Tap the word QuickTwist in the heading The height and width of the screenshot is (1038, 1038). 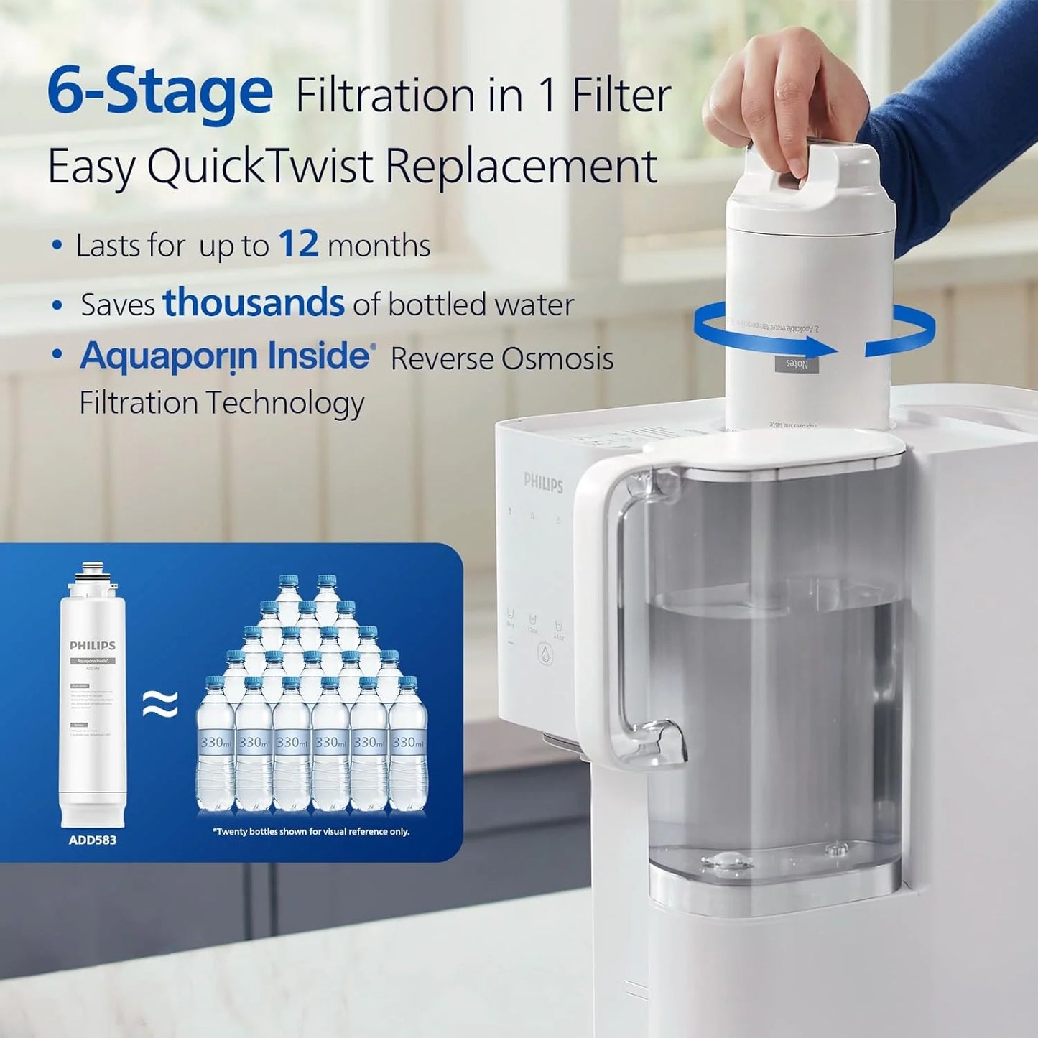pyautogui.click(x=260, y=166)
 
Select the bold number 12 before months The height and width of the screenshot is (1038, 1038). pyautogui.click(x=298, y=244)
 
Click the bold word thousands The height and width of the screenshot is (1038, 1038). pyautogui.click(x=254, y=302)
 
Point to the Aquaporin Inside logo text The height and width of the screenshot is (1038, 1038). pyautogui.click(x=226, y=356)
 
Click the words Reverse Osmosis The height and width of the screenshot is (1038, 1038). pyautogui.click(x=501, y=358)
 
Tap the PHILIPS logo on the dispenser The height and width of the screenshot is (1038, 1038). pyautogui.click(x=543, y=482)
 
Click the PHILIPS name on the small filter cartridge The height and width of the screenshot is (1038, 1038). pyautogui.click(x=92, y=646)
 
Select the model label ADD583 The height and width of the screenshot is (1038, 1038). pyautogui.click(x=92, y=840)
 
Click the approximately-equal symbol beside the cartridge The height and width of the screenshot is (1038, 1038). pyautogui.click(x=159, y=705)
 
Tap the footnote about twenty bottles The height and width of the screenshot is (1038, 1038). pyautogui.click(x=311, y=831)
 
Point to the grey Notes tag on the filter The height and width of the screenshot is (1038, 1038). pyautogui.click(x=797, y=364)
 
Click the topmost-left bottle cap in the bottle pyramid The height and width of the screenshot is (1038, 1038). pyautogui.click(x=288, y=580)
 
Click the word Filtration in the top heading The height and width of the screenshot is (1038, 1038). pyautogui.click(x=386, y=96)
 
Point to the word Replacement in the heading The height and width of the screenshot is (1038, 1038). pyautogui.click(x=521, y=166)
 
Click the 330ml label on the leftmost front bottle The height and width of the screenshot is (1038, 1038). pyautogui.click(x=216, y=742)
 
